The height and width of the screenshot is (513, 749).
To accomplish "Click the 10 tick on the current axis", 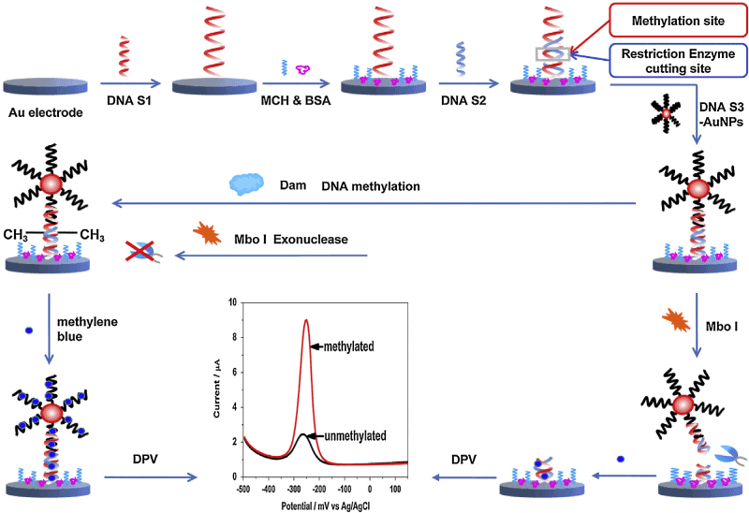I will coord(233,302).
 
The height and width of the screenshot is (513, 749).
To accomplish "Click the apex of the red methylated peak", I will coord(305,320).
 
